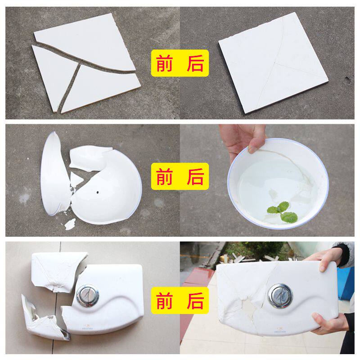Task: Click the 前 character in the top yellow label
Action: click(164, 63)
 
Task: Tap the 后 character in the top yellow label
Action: click(195, 63)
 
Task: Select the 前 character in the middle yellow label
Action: click(164, 176)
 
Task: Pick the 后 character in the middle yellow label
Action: click(195, 176)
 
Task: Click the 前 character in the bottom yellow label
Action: click(164, 301)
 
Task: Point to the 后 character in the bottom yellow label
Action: click(195, 301)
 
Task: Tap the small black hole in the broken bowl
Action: click(98, 193)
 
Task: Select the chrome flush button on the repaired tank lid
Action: click(280, 296)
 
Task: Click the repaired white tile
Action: click(273, 63)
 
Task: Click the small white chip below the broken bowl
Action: click(70, 224)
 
